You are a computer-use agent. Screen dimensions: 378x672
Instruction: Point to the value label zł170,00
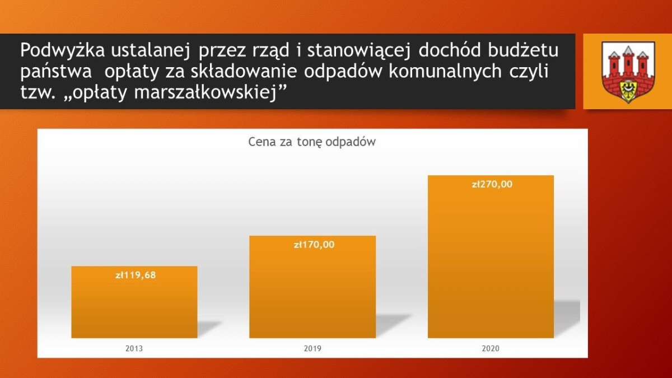(x=314, y=244)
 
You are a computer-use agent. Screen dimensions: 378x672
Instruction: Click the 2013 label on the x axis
(x=134, y=348)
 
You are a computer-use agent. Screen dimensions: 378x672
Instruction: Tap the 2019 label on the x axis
(x=312, y=348)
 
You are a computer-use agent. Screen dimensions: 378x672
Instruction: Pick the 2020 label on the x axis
(x=491, y=348)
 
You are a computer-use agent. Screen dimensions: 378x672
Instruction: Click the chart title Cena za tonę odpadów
(x=312, y=142)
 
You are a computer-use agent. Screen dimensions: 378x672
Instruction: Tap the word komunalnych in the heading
(x=451, y=72)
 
